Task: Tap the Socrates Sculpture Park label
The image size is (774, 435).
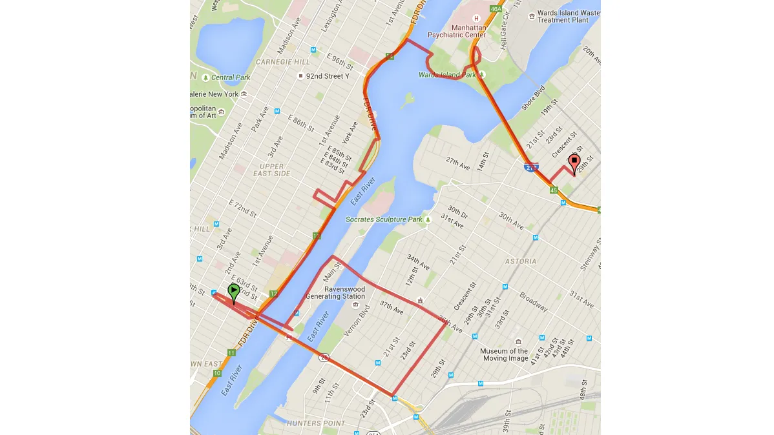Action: [384, 219]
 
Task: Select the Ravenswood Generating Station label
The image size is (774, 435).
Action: [335, 292]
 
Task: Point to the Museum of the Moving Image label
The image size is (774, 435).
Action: [504, 354]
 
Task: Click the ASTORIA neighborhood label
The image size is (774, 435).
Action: [521, 261]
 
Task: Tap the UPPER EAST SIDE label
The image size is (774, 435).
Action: [271, 170]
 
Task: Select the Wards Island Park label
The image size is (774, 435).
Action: [447, 75]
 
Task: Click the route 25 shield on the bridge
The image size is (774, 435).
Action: [324, 357]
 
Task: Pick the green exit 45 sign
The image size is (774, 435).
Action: [554, 190]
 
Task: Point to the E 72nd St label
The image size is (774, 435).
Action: [243, 207]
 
